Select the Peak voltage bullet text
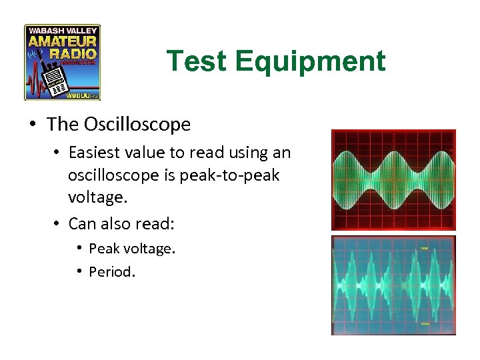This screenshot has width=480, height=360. pyautogui.click(x=131, y=249)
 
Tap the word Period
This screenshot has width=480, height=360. pyautogui.click(x=112, y=272)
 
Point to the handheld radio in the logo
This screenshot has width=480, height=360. pyautogui.click(x=55, y=79)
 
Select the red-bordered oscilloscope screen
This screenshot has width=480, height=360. pyautogui.click(x=393, y=180)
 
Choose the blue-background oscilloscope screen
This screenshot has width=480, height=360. pyautogui.click(x=393, y=285)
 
